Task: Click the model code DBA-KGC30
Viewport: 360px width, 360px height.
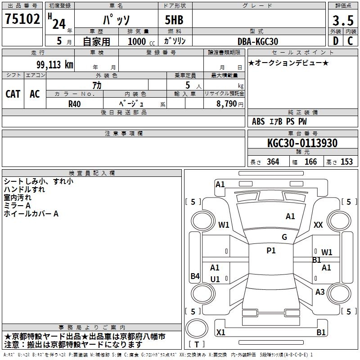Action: coord(258,41)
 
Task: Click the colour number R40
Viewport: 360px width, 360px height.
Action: coord(75,103)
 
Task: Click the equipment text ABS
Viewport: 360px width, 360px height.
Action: coord(258,121)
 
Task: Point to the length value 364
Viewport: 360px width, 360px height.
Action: coord(273,162)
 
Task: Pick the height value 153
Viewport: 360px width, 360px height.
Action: coord(346,162)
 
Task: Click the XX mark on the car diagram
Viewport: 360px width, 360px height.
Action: coord(318,225)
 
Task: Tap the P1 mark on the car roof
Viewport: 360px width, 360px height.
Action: coord(271,251)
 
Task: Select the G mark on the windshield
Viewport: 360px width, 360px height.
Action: coord(284,237)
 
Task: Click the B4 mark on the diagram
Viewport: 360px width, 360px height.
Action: coord(195,276)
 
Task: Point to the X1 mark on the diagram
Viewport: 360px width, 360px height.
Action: coord(221,333)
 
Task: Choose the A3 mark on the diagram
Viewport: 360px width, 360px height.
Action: coord(320,292)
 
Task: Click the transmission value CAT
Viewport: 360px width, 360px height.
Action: coord(13,94)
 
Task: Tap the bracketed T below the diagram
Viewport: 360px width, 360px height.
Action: coord(197,345)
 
